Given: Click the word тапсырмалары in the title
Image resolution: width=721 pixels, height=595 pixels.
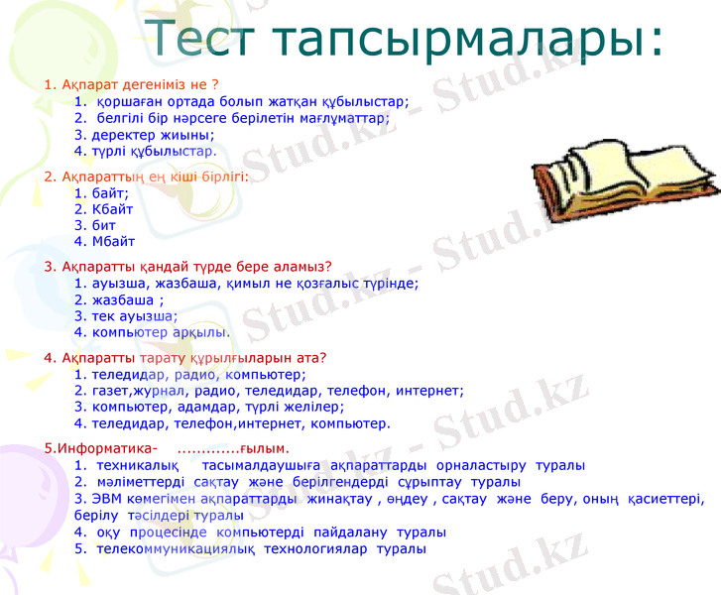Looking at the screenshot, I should tap(466, 41).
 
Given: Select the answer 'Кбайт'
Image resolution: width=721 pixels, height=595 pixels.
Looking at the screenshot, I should tap(111, 209).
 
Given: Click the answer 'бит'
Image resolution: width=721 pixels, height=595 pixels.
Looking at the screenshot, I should tap(104, 225).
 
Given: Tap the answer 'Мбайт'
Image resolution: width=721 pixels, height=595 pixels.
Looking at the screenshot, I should tap(112, 241).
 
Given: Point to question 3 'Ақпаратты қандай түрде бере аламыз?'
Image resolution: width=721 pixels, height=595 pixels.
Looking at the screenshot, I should tap(187, 266).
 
